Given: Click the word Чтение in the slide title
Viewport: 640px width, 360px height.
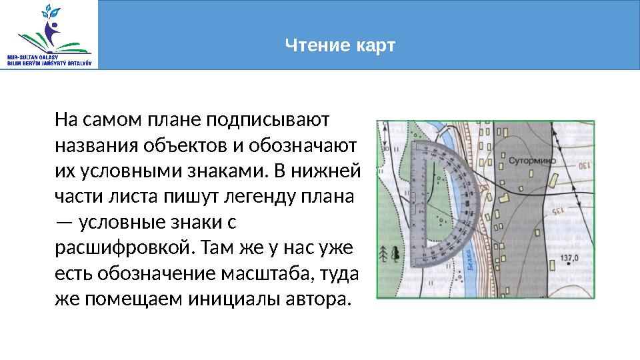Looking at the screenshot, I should [311, 46].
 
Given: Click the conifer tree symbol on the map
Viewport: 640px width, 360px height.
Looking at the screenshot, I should [384, 253].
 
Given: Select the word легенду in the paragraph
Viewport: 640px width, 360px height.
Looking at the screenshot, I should [247, 198].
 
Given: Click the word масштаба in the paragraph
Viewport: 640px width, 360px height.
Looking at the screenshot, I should [270, 274].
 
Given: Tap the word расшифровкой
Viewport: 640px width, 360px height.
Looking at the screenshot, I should [123, 249].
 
